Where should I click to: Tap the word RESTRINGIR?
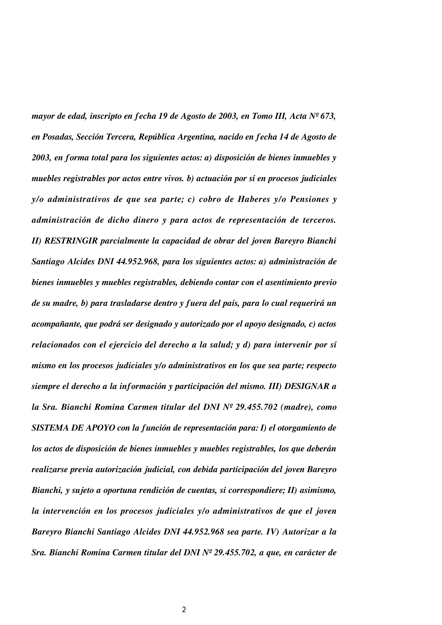[x=71, y=241]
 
